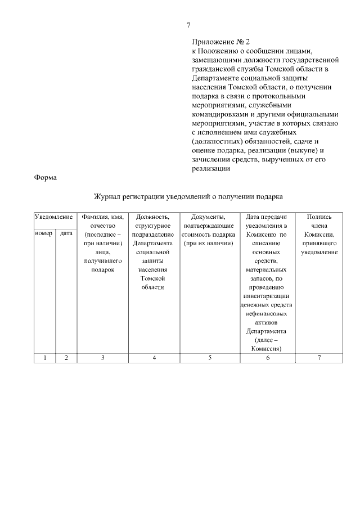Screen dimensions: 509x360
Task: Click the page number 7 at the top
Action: (x=189, y=25)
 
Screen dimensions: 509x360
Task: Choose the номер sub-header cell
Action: (x=44, y=233)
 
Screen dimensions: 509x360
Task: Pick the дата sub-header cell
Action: (x=66, y=233)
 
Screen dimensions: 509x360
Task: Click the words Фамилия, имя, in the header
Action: (x=102, y=217)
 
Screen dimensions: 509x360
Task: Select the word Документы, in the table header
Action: (x=208, y=217)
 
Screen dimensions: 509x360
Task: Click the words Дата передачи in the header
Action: (x=267, y=217)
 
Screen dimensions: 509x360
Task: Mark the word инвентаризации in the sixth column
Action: (x=267, y=295)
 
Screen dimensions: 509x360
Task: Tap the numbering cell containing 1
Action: (x=44, y=358)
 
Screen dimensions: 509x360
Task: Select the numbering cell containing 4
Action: (x=154, y=358)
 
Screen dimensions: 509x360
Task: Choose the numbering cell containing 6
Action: (x=267, y=358)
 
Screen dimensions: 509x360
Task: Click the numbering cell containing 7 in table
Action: (x=319, y=358)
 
